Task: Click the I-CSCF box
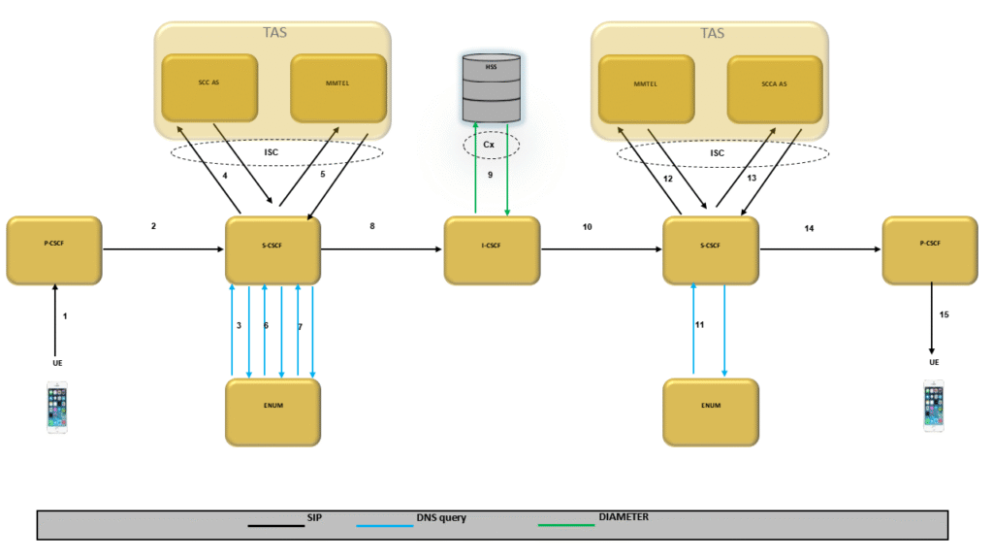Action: pos(492,250)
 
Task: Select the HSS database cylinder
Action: pos(491,87)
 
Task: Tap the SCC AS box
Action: pos(208,87)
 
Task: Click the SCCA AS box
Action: pos(775,87)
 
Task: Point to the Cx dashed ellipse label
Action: pos(491,145)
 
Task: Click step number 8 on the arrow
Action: pos(372,226)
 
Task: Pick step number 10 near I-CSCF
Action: pos(587,226)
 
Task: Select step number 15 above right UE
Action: pos(945,314)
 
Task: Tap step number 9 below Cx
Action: pos(491,176)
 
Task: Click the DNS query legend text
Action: pos(441,518)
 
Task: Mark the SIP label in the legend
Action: pos(313,518)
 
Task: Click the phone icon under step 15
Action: pos(933,407)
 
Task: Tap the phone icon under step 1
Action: pos(57,409)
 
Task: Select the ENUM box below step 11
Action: pos(711,412)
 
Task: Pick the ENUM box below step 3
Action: pos(273,412)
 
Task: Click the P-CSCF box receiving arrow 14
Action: pos(930,250)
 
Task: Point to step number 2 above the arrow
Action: pos(153,226)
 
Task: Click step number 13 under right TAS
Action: pos(752,179)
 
